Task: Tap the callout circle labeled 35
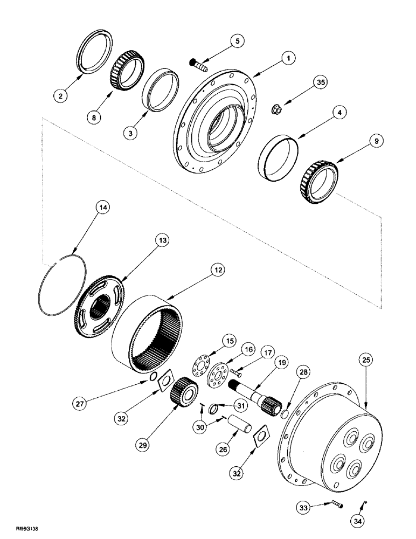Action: click(x=321, y=82)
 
